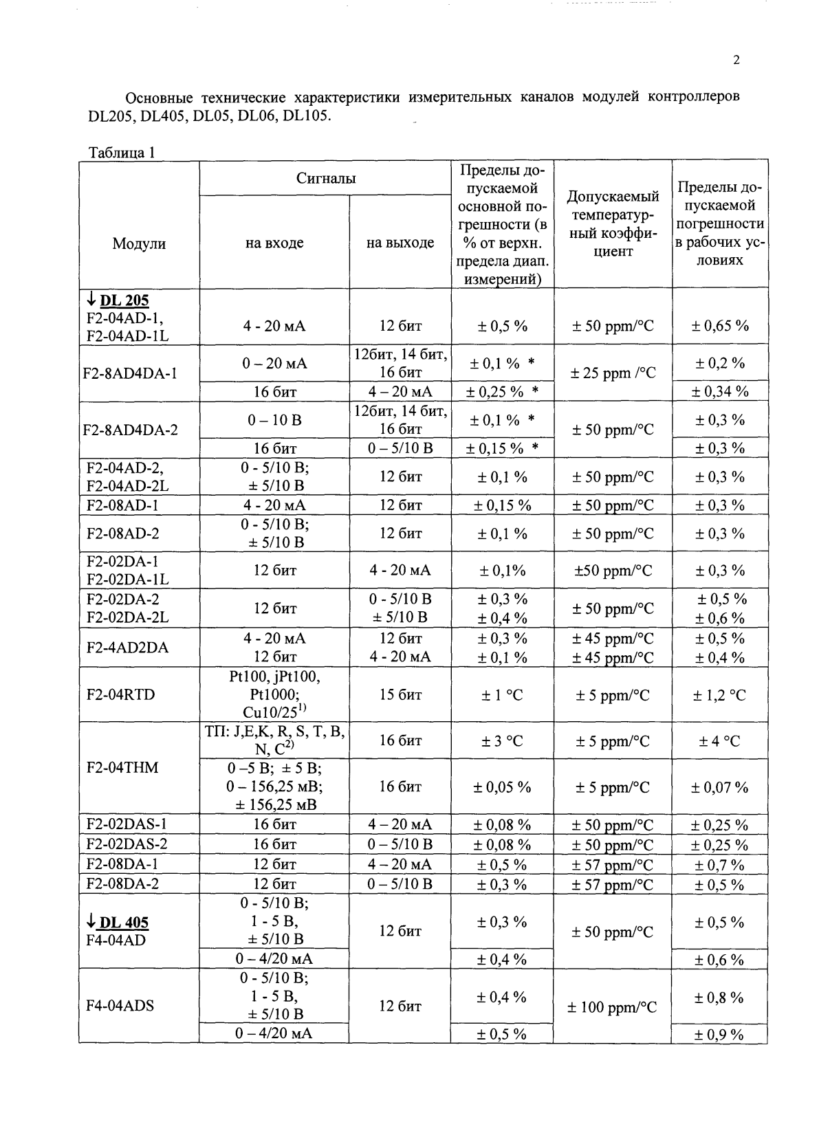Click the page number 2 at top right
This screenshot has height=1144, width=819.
pyautogui.click(x=736, y=60)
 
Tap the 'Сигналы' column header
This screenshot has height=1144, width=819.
pyautogui.click(x=326, y=179)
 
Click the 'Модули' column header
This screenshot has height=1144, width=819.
pyautogui.click(x=139, y=243)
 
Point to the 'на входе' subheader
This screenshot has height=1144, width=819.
pyautogui.click(x=274, y=243)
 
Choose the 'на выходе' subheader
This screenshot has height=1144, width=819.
pyautogui.click(x=400, y=243)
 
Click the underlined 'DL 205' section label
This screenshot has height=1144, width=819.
pyautogui.click(x=124, y=300)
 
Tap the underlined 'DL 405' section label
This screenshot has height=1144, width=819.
pyautogui.click(x=124, y=923)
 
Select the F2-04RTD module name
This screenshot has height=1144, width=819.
pyautogui.click(x=121, y=694)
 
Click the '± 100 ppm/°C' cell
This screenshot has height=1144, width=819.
pyautogui.click(x=612, y=1007)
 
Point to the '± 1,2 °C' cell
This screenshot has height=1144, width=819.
pyautogui.click(x=719, y=695)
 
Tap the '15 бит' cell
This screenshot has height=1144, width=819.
pyautogui.click(x=400, y=695)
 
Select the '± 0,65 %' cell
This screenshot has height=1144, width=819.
pyautogui.click(x=720, y=326)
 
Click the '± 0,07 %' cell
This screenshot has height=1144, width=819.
pyautogui.click(x=719, y=787)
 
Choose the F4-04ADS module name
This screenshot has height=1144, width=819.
pyautogui.click(x=120, y=1006)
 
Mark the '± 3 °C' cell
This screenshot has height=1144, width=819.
pyautogui.click(x=502, y=741)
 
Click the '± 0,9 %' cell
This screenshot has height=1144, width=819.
pyautogui.click(x=719, y=1034)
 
